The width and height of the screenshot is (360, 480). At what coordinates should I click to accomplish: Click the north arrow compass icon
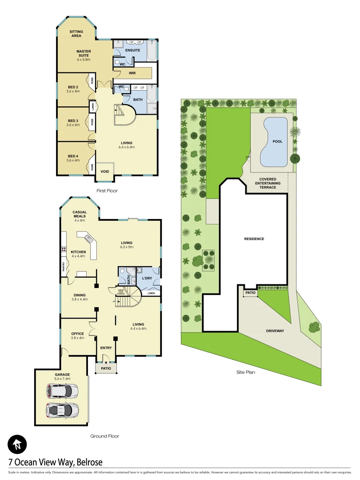(17, 444)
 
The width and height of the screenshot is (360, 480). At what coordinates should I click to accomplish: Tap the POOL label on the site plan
(277, 141)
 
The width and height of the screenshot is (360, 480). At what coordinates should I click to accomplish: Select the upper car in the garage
(62, 391)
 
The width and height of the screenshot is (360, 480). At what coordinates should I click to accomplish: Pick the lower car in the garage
(62, 408)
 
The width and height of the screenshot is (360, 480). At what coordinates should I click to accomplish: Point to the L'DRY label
(147, 278)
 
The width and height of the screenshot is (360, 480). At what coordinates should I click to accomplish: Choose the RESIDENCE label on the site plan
(254, 239)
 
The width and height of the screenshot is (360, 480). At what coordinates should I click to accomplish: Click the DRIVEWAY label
(275, 331)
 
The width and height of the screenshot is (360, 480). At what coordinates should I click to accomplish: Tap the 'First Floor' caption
(107, 190)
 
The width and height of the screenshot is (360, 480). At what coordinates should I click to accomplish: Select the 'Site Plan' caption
(246, 372)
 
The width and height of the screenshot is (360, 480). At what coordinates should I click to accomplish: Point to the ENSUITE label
(132, 50)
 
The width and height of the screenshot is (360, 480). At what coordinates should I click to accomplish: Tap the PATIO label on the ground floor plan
(106, 369)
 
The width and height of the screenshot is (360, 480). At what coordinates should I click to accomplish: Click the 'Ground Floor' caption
(104, 436)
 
